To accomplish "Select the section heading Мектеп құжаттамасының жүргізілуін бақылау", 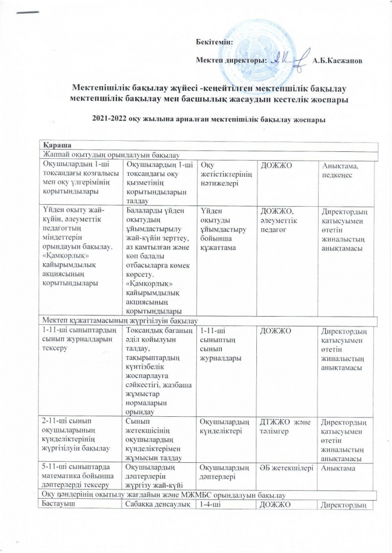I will pyautogui.click(x=119, y=320).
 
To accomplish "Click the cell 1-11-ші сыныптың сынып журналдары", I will pyautogui.click(x=219, y=343).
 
